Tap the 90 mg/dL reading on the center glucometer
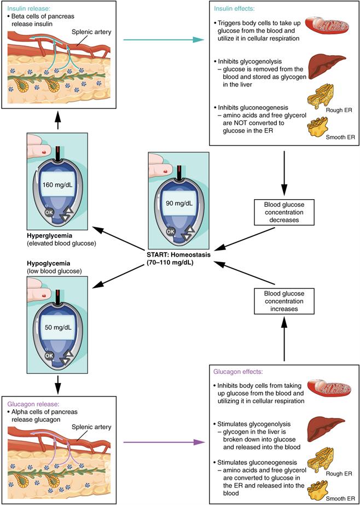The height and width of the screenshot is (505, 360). tap(179, 204)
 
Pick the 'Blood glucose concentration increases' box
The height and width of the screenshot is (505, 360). tap(283, 300)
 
